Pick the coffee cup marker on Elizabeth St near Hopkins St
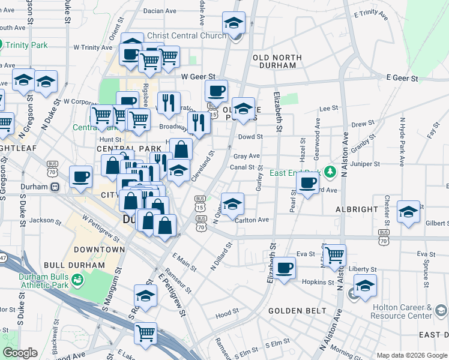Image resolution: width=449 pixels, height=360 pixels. click(x=285, y=267)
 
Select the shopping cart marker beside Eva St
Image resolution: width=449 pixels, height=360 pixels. click(x=334, y=255)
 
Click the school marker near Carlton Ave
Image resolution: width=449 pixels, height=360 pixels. click(x=232, y=203)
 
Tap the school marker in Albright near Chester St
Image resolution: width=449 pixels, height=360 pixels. click(x=409, y=211)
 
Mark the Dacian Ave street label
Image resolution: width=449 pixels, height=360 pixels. click(x=160, y=11)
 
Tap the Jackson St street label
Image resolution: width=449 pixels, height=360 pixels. click(x=42, y=220)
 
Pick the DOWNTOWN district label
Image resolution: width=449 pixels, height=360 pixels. click(x=100, y=249)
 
